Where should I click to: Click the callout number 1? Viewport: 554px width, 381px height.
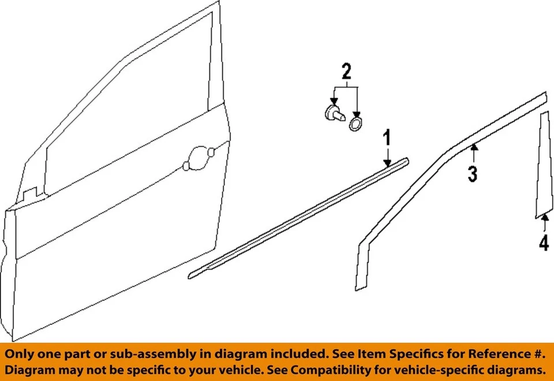(387, 139)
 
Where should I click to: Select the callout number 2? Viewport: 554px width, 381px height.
(346, 72)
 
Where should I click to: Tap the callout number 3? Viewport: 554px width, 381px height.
(473, 173)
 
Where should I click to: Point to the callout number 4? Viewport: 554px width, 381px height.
(544, 244)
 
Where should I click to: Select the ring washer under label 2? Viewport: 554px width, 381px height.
(356, 123)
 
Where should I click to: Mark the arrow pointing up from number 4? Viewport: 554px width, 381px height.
(544, 217)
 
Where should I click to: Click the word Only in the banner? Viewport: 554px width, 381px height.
(23, 354)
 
